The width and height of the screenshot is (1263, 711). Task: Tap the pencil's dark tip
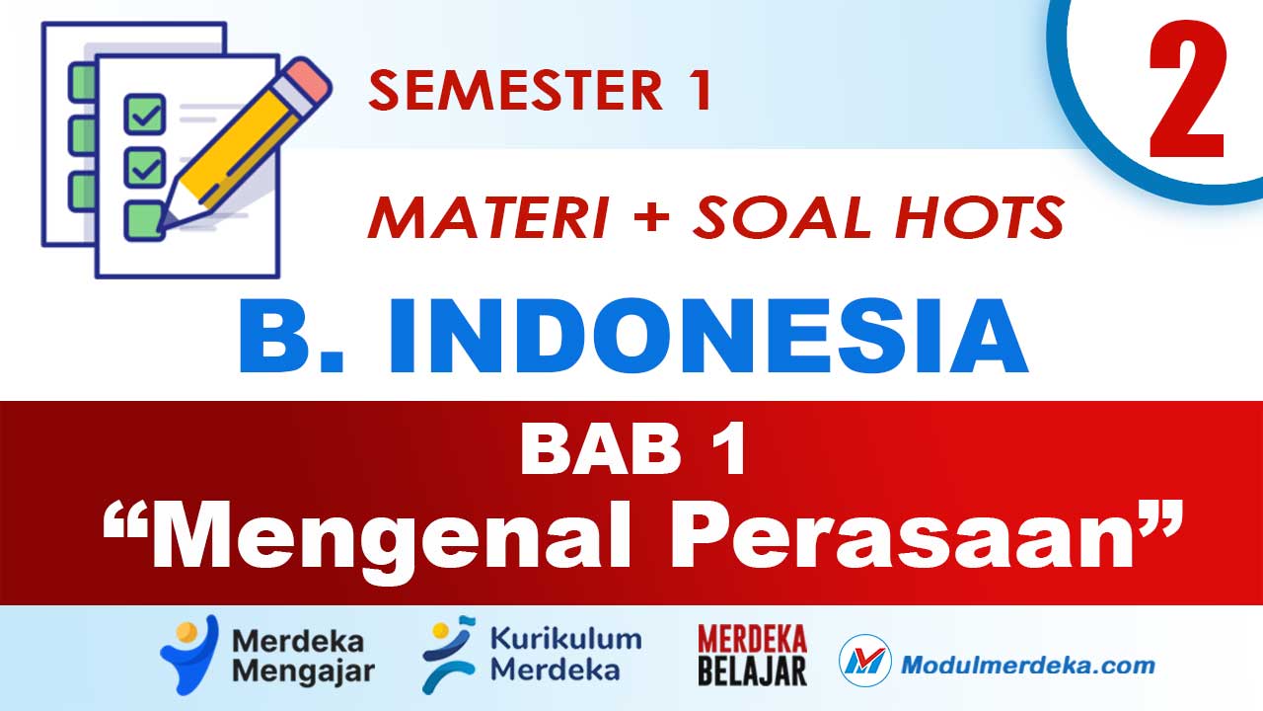(166, 222)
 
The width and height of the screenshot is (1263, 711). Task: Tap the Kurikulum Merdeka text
(564, 655)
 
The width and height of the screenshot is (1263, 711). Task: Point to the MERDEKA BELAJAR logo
(752, 655)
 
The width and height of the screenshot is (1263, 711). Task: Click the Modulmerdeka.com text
(1026, 664)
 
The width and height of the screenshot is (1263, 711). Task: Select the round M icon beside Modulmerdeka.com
(865, 663)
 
